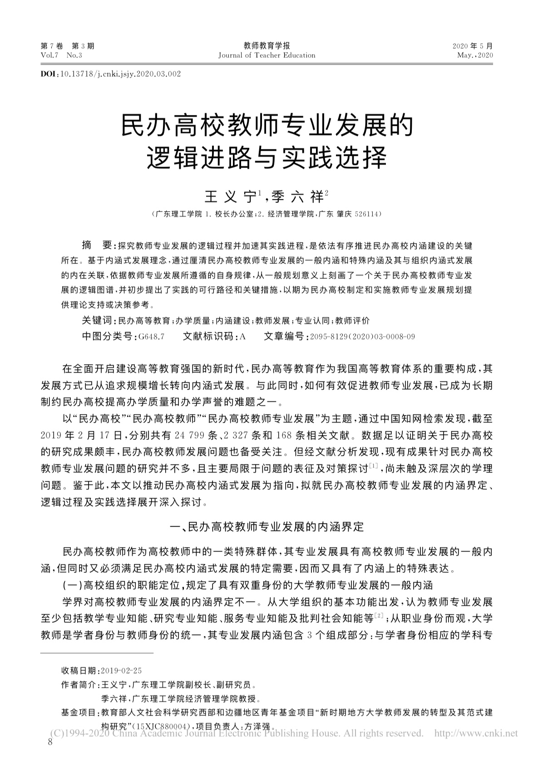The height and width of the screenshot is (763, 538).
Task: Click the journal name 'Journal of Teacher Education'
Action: tap(267, 55)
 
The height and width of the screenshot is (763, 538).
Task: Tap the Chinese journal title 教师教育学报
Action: tap(267, 45)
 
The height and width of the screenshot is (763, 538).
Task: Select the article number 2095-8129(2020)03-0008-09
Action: tap(361, 337)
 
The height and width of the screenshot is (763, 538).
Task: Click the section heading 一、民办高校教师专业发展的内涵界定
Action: tap(267, 527)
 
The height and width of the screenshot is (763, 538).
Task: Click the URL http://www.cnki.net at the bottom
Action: tap(476, 733)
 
